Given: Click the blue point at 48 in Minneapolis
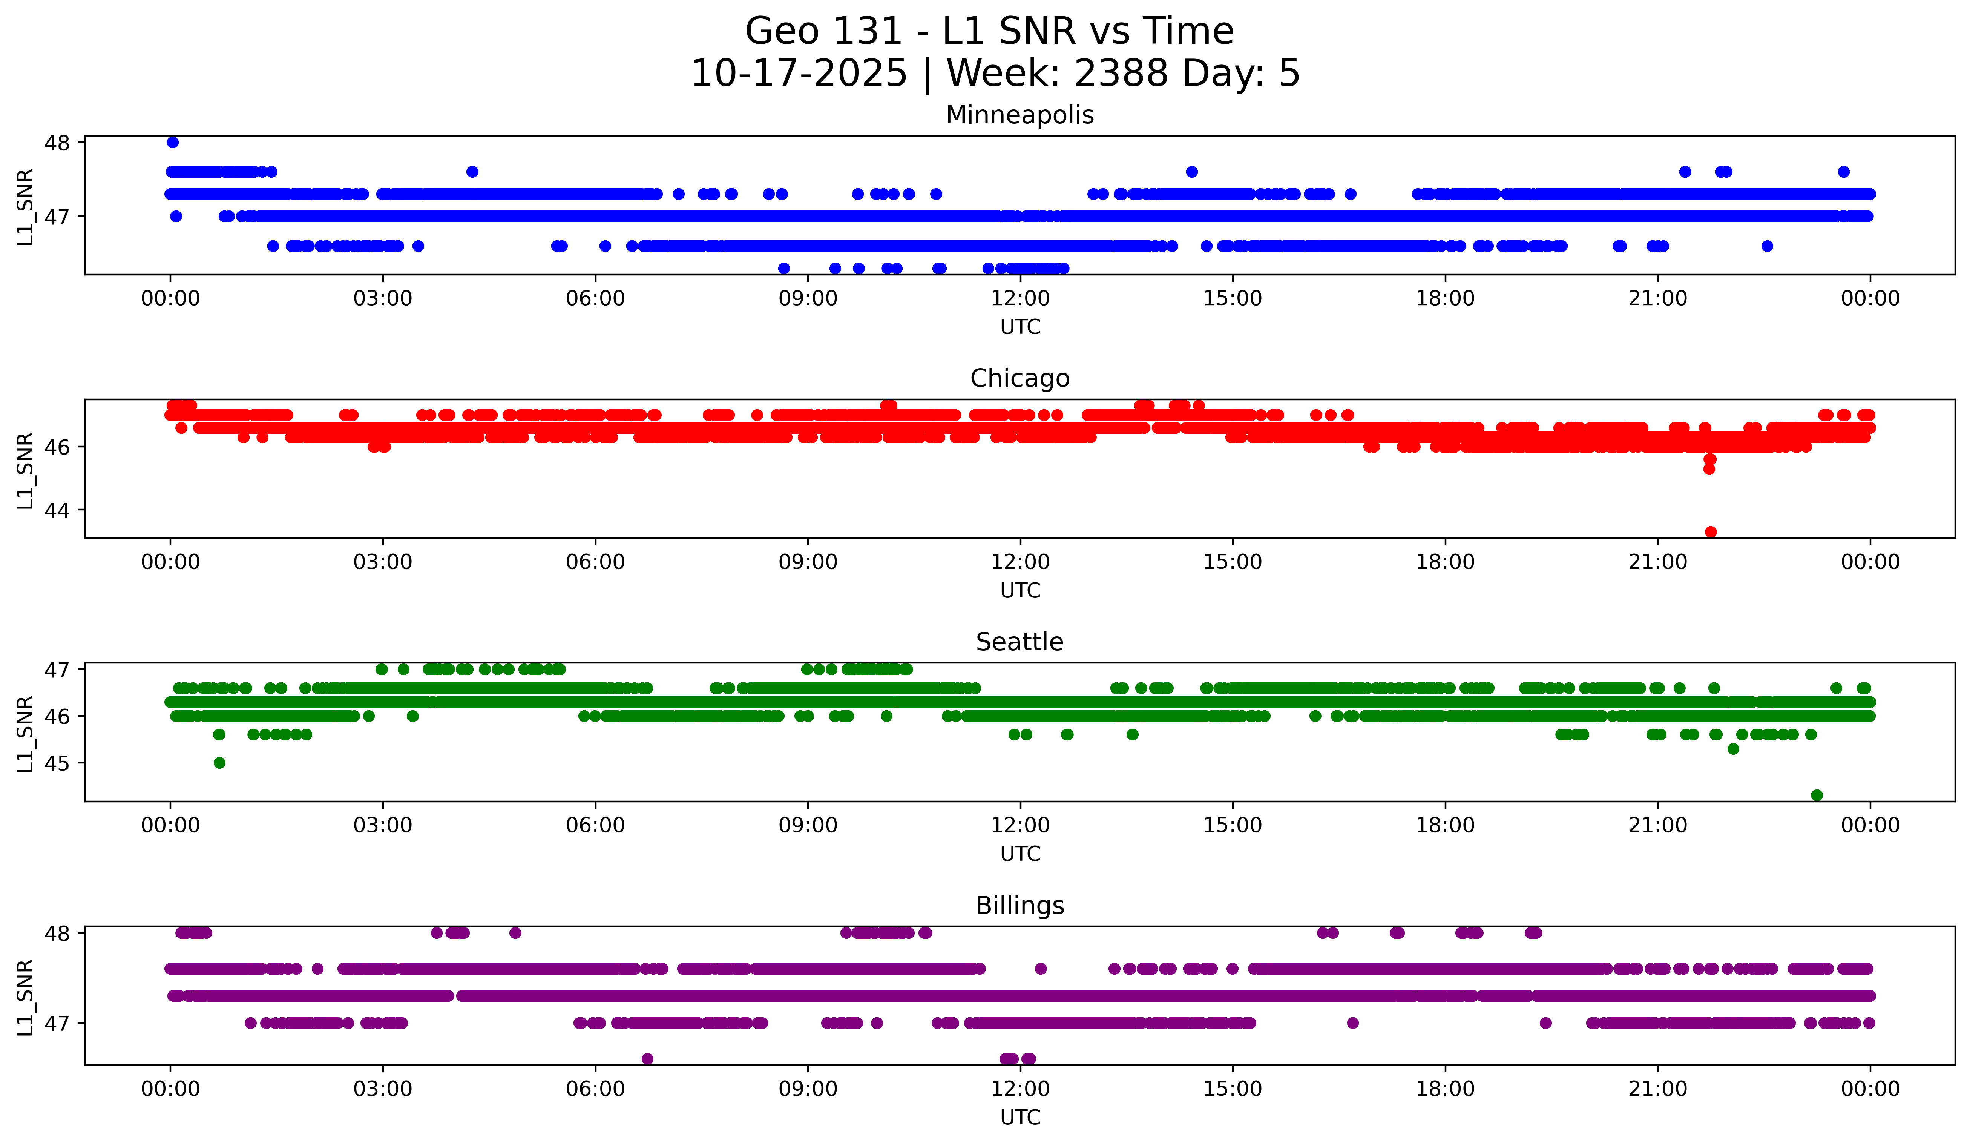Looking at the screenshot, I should pyautogui.click(x=173, y=142).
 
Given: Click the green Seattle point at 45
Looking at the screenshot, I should pyautogui.click(x=220, y=762).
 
